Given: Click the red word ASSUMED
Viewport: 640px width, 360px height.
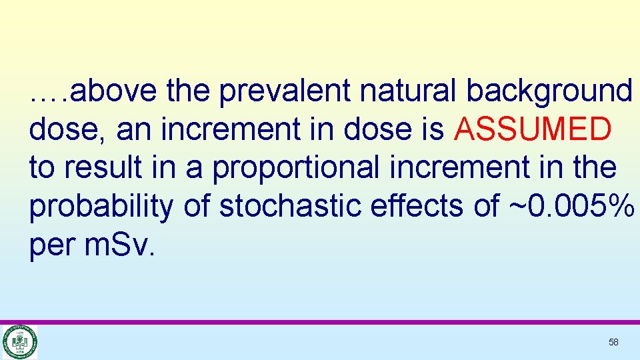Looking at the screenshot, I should (x=532, y=130).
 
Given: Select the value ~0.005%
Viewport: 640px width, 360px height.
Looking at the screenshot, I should (x=571, y=207).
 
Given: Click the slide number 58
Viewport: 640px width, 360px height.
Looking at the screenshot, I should (x=613, y=342).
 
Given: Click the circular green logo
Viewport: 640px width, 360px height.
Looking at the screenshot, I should (x=20, y=342).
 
